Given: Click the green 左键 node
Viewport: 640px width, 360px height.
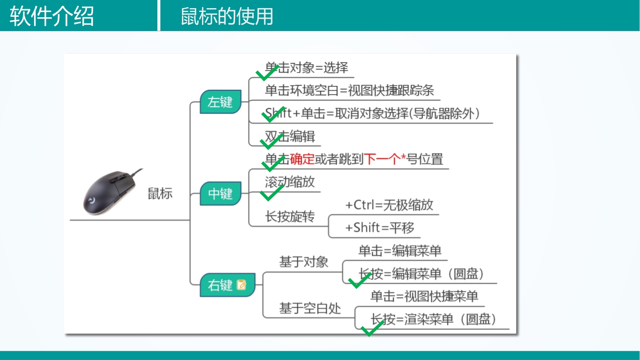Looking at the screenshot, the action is coord(220,102).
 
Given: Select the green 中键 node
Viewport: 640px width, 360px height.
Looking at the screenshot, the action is coord(220,194).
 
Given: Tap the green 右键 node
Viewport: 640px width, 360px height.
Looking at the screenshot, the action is coord(220,285).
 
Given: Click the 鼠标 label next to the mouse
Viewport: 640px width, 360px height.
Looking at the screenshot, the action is coord(160,194).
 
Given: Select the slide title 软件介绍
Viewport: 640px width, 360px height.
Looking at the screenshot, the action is coord(52,16).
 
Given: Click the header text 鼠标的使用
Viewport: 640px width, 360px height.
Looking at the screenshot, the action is coord(227,16).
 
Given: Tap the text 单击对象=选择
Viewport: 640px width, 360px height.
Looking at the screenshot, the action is coord(307,68).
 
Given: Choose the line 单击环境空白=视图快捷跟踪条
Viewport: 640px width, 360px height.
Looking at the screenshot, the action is coord(349,90).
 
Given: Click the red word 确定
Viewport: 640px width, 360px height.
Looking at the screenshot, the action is coord(302,159).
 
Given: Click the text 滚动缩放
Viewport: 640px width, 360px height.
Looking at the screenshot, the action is coord(290,182).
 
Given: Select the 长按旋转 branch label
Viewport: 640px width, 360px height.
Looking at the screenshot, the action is coord(290,216).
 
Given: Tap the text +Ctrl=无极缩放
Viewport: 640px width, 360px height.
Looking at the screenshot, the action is coord(389,205).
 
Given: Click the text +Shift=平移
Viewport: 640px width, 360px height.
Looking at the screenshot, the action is coord(379,228).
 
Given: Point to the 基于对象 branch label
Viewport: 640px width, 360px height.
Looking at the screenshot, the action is coord(304,262).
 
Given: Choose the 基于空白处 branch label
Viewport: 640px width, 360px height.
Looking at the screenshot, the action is coord(310,308).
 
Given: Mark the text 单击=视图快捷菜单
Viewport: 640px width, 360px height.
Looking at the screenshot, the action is coord(424,297).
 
